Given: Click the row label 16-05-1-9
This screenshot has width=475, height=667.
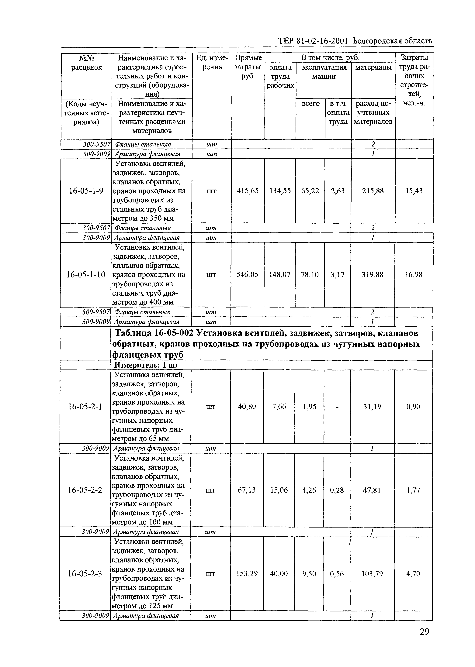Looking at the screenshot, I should click(x=86, y=191).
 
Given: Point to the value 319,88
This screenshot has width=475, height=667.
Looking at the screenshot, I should click(x=372, y=274).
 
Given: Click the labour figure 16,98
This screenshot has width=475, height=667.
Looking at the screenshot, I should click(x=413, y=274).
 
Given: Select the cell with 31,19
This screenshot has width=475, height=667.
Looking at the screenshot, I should click(x=372, y=407).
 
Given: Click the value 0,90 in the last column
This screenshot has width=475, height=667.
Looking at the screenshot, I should click(x=413, y=407).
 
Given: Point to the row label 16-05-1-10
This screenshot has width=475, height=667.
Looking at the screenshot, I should click(x=86, y=274).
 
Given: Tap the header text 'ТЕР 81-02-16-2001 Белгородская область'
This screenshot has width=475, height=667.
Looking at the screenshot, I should click(x=355, y=41).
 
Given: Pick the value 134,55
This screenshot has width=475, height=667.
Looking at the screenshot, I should click(x=280, y=191).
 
